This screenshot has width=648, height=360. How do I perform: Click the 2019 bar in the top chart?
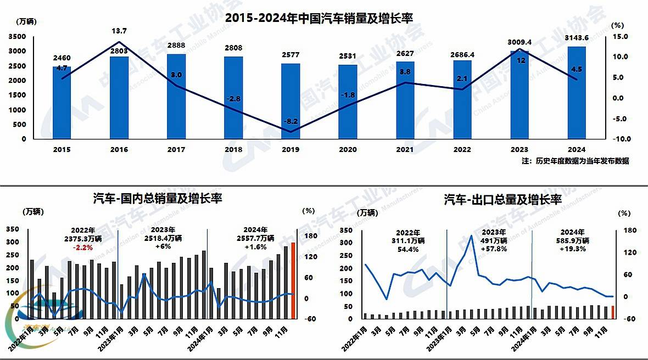click(291, 102)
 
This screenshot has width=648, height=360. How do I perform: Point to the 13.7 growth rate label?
click(119, 31)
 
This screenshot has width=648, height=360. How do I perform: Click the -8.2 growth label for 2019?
click(290, 121)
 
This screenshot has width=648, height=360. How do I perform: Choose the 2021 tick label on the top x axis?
click(405, 149)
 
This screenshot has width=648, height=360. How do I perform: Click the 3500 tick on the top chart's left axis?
click(16, 36)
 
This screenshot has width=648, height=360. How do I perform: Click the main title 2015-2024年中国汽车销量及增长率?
click(319, 18)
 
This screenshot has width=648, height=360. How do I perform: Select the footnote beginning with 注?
click(575, 161)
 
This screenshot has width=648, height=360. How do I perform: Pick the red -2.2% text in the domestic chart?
click(83, 247)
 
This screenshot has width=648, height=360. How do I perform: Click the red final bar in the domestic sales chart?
click(293, 280)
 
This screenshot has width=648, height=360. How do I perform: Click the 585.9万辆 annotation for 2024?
click(571, 240)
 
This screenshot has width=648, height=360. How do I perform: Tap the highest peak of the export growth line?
click(471, 235)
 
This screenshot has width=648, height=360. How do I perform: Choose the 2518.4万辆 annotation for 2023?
click(163, 238)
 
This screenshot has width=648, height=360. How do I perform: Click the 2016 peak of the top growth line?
click(119, 42)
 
